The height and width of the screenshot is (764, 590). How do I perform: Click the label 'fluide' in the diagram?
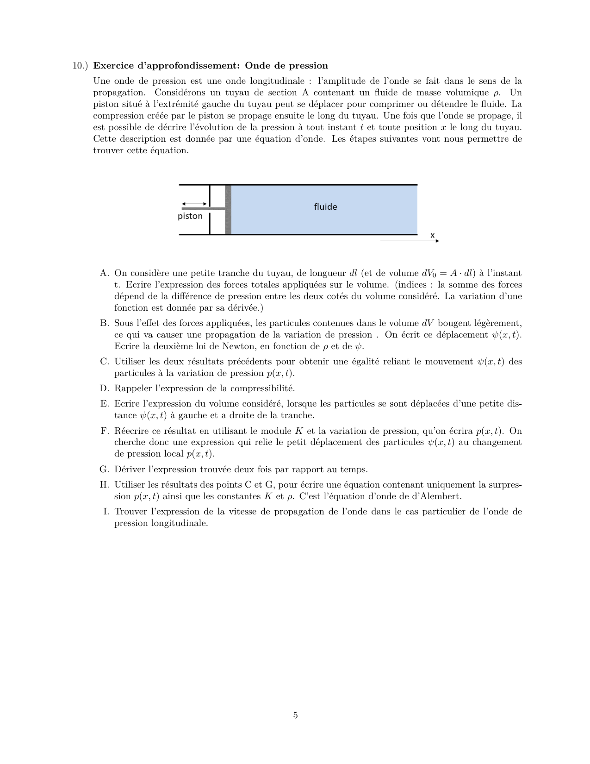(x=325, y=207)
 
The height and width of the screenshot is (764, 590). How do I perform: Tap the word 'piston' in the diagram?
(x=190, y=216)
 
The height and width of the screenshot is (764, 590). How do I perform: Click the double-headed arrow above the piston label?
(x=194, y=204)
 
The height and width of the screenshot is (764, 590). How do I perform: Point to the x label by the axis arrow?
(x=433, y=235)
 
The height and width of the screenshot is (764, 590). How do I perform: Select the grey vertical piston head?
(x=228, y=210)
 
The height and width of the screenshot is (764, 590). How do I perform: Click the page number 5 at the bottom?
(x=295, y=715)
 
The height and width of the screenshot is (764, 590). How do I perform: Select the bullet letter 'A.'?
(x=104, y=273)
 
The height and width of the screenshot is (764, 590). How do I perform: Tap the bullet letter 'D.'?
(x=104, y=388)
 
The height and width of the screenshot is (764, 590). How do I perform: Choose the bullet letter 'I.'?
(x=106, y=512)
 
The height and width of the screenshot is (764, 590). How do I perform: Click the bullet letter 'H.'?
(x=104, y=485)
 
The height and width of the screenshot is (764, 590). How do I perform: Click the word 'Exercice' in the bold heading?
(x=113, y=66)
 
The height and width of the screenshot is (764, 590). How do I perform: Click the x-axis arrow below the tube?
(x=409, y=241)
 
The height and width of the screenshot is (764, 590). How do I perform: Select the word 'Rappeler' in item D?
(x=132, y=388)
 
